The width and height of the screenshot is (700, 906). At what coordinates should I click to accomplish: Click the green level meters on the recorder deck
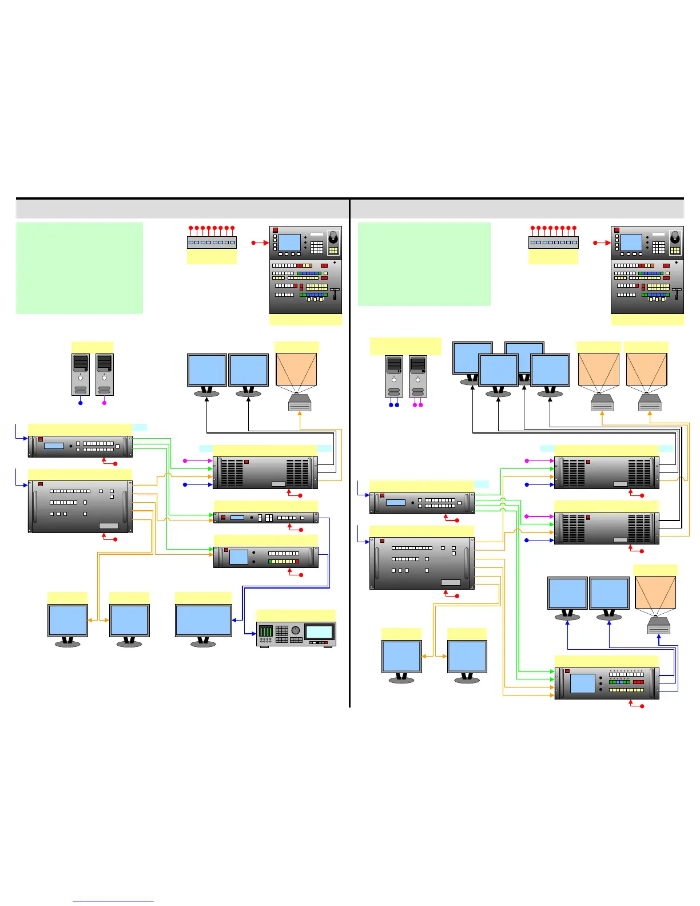tap(266, 631)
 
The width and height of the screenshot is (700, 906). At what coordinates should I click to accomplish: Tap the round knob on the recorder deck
tap(295, 630)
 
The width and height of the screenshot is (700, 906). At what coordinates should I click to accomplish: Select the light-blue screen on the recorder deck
tap(319, 631)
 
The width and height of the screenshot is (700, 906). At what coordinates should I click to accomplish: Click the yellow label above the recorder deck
tap(295, 616)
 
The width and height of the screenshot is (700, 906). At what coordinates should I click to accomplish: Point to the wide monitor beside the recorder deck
tap(204, 621)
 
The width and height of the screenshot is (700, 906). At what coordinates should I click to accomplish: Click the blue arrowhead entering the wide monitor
tap(234, 620)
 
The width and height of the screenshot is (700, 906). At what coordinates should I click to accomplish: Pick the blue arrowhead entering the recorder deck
tap(253, 633)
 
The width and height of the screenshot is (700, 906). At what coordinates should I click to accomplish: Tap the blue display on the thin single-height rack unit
tap(237, 518)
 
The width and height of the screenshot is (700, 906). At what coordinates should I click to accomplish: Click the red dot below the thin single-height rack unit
tap(301, 530)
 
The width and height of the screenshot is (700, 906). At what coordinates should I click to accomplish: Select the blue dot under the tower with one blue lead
tap(81, 403)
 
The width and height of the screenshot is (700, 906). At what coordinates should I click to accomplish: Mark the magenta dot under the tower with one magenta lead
tap(104, 403)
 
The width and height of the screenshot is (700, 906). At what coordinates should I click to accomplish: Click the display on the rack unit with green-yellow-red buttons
tap(238, 557)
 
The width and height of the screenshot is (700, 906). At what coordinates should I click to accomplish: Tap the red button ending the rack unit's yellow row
tap(297, 562)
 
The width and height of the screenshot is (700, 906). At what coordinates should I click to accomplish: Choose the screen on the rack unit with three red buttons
tap(583, 684)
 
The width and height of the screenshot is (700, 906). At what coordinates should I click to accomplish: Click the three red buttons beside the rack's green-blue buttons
tap(638, 682)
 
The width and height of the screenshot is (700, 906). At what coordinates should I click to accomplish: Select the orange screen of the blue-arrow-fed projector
tap(655, 592)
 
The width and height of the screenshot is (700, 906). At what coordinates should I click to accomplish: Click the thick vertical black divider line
tap(349, 452)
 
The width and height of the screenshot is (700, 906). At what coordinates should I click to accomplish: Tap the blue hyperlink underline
tap(113, 901)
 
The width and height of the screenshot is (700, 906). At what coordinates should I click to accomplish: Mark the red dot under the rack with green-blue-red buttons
tap(642, 706)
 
